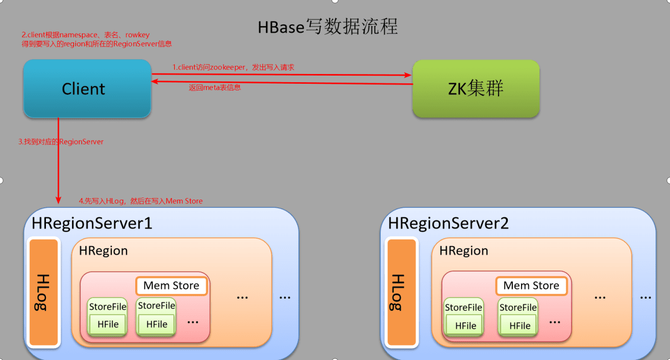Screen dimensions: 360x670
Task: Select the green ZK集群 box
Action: pos(476,89)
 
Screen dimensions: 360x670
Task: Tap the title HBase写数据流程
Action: pos(328,27)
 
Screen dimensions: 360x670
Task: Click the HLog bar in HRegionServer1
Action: pos(43,292)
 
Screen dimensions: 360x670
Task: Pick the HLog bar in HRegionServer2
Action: pos(402,292)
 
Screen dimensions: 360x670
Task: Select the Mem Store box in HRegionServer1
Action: pos(171,286)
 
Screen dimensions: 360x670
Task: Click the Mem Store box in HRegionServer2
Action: pos(531,286)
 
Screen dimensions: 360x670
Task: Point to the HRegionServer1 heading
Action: pos(92,223)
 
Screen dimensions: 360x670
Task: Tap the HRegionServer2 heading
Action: pos(449,223)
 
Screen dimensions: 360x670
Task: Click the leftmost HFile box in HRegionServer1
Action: pos(108,324)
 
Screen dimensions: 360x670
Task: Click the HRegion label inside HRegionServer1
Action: pos(103,251)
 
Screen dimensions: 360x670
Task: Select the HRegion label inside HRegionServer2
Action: pos(463,251)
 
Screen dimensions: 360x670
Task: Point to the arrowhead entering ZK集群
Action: pos(408,75)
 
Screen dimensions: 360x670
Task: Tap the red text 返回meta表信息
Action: pos(215,87)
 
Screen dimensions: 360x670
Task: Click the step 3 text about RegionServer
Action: pos(61,141)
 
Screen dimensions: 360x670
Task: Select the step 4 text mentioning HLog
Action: pos(141,201)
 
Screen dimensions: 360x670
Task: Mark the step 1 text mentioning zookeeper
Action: pos(233,67)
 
